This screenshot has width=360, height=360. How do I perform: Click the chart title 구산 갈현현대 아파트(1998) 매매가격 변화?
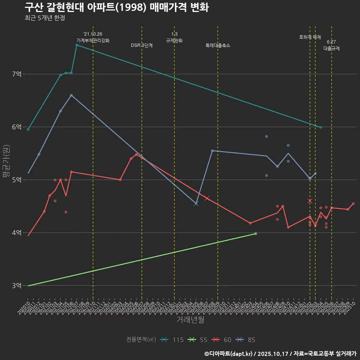pos(117,7)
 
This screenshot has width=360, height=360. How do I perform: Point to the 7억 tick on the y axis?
pos(16,74)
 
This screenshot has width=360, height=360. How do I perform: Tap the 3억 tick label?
pos(16,286)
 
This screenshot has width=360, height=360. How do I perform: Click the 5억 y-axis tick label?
pos(16,180)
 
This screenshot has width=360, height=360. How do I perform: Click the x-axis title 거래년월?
pos(190,320)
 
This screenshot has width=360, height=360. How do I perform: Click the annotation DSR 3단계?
pos(142,45)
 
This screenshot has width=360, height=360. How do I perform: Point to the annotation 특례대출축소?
pos(218,45)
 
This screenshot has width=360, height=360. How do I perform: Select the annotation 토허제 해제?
pos(310,37)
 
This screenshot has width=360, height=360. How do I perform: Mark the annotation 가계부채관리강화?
pos(93,40)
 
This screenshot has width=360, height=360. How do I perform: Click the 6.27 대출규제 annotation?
pos(331,45)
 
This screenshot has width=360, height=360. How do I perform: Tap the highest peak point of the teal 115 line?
pos(76,45)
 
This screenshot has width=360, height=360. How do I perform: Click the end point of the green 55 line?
pos(256,234)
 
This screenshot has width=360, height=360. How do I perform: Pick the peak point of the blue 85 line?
pos(71,95)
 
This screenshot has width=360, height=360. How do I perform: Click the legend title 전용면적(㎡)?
pos(141,340)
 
